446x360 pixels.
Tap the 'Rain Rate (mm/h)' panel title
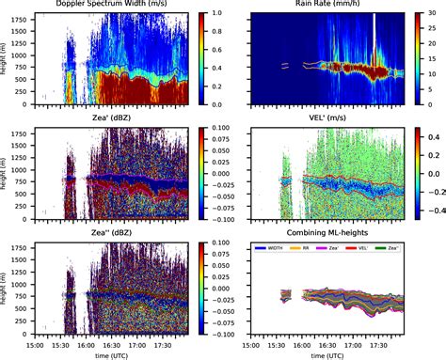tap(330, 7)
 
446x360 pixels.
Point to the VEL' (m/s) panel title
tap(330, 119)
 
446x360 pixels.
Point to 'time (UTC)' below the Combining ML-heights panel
tap(330, 354)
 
